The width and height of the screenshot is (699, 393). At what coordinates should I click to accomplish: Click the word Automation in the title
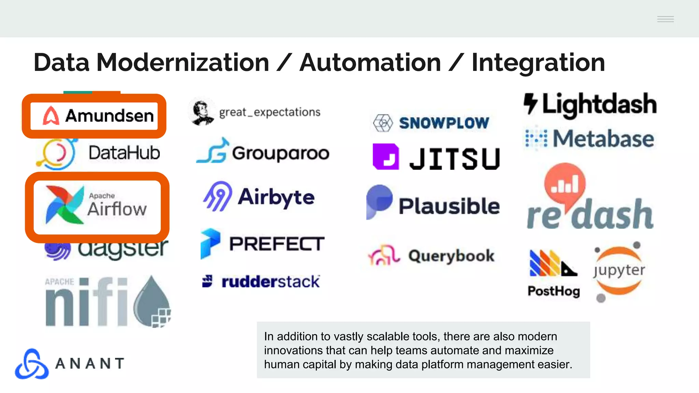click(x=370, y=63)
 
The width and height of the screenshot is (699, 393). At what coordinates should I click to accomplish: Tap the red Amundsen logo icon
click(x=51, y=116)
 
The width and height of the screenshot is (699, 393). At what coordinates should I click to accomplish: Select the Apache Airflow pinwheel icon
click(x=65, y=205)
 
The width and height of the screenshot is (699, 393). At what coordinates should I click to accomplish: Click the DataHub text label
click(x=124, y=152)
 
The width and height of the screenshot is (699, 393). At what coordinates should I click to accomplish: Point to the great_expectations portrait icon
click(x=201, y=112)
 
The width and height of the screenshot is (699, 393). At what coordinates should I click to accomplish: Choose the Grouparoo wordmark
click(x=281, y=153)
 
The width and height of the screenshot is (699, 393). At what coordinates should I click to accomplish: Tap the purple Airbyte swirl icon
click(x=217, y=196)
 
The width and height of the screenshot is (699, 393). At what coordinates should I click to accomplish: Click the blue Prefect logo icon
click(x=210, y=243)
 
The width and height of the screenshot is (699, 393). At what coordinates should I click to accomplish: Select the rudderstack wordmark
click(x=270, y=282)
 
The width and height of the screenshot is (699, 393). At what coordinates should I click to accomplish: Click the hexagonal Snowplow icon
click(x=383, y=123)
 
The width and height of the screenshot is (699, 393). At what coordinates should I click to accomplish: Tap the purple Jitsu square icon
click(x=386, y=157)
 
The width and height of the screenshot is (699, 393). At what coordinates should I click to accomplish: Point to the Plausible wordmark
click(x=449, y=206)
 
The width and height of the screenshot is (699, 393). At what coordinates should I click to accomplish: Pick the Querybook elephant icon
click(x=384, y=256)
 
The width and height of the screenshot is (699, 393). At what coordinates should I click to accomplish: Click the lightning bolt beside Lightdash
click(x=531, y=103)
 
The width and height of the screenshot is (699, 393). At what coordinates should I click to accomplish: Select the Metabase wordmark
click(x=603, y=139)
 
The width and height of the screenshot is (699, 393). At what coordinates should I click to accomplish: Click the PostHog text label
click(x=554, y=291)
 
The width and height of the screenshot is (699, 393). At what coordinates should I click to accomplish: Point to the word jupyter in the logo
click(x=619, y=270)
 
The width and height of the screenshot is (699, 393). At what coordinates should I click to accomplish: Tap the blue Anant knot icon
click(x=32, y=364)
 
